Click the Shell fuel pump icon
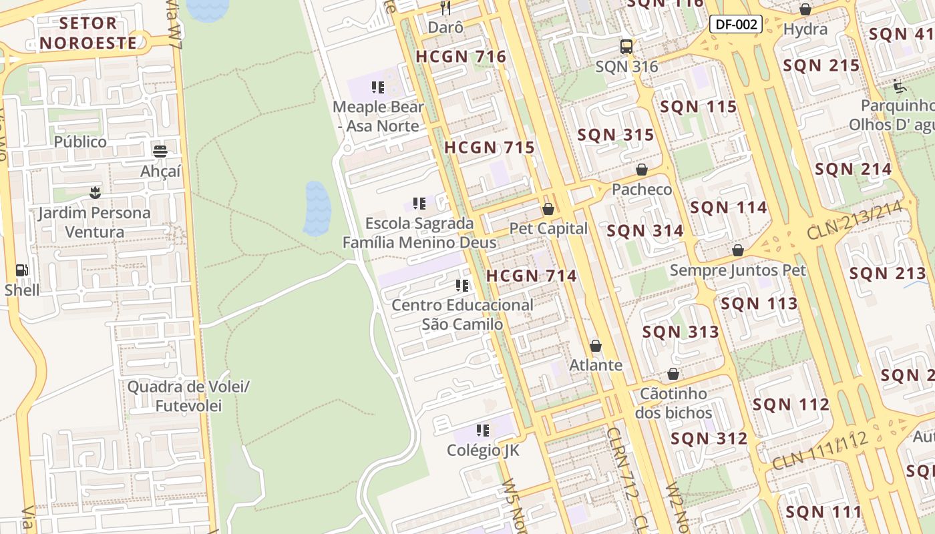click(x=21, y=270)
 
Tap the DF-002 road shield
click(x=735, y=25)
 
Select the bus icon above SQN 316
click(x=626, y=47)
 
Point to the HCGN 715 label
click(x=490, y=148)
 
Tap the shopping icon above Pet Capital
click(x=548, y=209)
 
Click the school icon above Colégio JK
click(x=483, y=431)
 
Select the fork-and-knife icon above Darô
click(x=445, y=8)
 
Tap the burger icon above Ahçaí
click(x=160, y=152)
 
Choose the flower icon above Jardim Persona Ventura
click(x=94, y=193)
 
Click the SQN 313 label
click(x=681, y=332)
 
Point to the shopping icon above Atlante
click(x=596, y=346)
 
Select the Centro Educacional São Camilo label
click(x=462, y=314)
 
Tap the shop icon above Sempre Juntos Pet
click(x=738, y=250)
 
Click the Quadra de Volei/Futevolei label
click(x=188, y=396)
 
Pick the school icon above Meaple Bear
click(x=378, y=87)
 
